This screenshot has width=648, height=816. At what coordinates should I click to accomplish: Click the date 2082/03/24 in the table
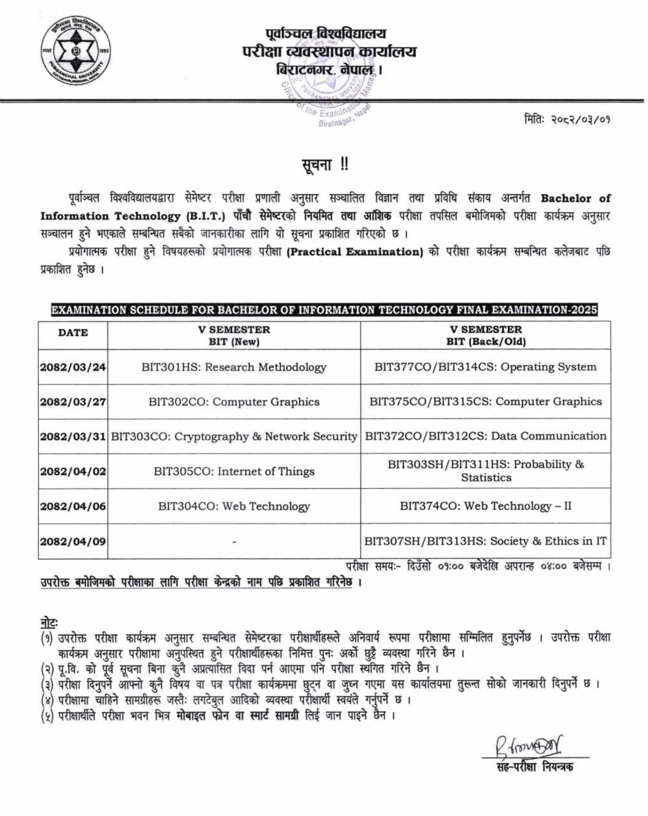(73, 367)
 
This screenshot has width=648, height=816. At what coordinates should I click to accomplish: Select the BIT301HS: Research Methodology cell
(234, 367)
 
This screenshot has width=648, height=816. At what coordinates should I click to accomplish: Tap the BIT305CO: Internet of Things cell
(234, 471)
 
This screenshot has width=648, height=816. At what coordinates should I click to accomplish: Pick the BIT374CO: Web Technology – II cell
(486, 506)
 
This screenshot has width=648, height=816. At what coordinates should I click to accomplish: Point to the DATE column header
(73, 333)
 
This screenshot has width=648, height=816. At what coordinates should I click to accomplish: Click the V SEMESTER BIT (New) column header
(234, 336)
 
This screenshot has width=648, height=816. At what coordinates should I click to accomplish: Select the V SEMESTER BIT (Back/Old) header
(486, 336)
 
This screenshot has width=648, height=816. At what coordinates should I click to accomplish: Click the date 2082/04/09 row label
(73, 541)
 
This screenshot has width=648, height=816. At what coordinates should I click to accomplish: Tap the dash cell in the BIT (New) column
(234, 542)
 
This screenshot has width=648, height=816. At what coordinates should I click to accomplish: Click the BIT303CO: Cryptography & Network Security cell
(234, 437)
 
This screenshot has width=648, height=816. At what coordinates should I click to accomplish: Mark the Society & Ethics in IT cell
(486, 541)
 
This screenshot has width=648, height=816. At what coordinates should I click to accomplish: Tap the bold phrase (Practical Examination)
(355, 252)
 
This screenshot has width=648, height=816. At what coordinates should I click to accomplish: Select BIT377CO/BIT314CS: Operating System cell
(486, 367)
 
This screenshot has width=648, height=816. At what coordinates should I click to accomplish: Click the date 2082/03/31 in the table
(73, 437)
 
